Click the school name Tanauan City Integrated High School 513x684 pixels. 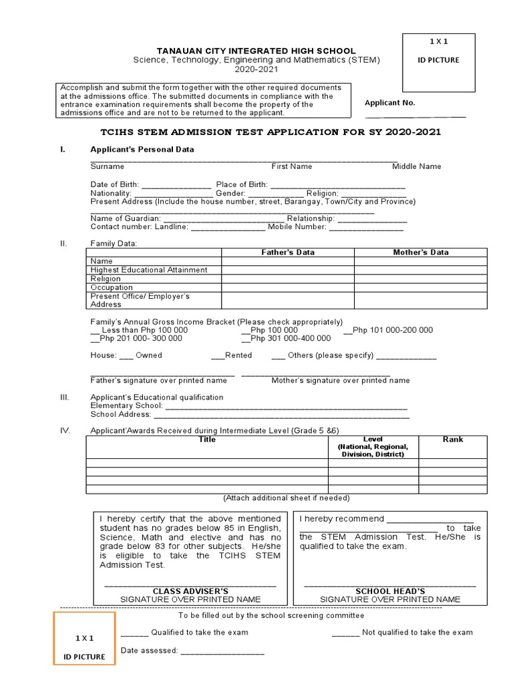(x=256, y=51)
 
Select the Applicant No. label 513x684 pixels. (x=389, y=103)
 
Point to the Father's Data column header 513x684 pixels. (x=287, y=252)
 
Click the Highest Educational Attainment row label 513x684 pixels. (x=149, y=270)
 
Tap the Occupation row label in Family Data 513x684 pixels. (x=112, y=287)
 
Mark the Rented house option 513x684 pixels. (x=218, y=356)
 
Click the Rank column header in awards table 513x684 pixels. (x=453, y=440)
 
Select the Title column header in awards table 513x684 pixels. (x=207, y=440)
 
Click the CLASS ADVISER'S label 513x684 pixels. (x=190, y=591)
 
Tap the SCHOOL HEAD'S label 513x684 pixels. (x=390, y=591)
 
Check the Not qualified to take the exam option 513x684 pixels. (x=345, y=633)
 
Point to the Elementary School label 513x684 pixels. (x=126, y=406)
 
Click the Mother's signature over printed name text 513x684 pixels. (x=341, y=381)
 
